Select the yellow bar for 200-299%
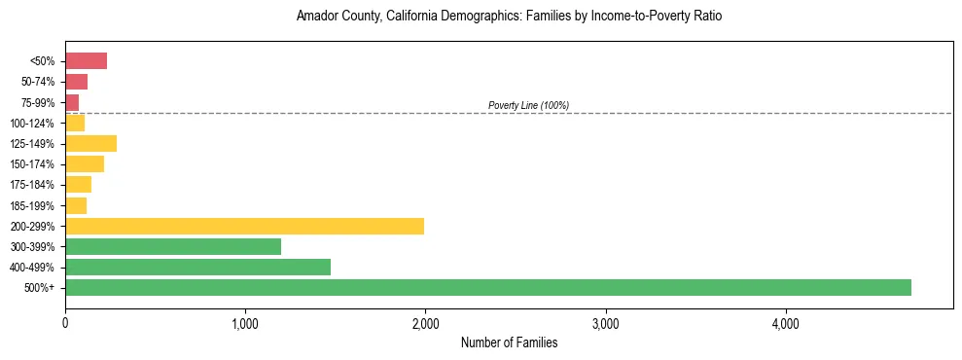pyautogui.click(x=244, y=226)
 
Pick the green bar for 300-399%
pyautogui.click(x=173, y=246)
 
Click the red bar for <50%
pyautogui.click(x=86, y=61)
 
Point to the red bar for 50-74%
pyautogui.click(x=76, y=82)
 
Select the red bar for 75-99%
pyautogui.click(x=72, y=102)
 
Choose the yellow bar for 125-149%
pyautogui.click(x=90, y=144)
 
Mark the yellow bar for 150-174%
pyautogui.click(x=85, y=164)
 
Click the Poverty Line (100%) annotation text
pyautogui.click(x=528, y=105)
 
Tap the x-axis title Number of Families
pyautogui.click(x=509, y=342)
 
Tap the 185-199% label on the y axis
pyautogui.click(x=33, y=205)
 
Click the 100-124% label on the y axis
pyautogui.click(x=33, y=124)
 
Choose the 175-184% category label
pyautogui.click(x=33, y=185)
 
